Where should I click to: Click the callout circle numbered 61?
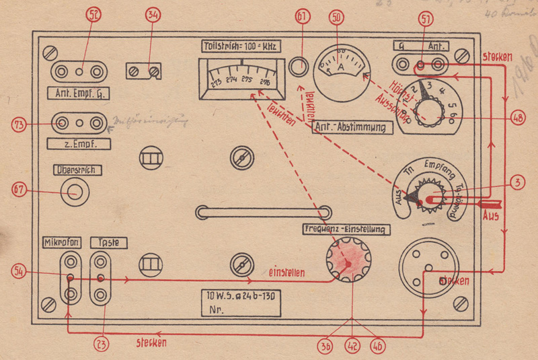pos(301,15)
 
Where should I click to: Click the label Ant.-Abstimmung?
pos(353,126)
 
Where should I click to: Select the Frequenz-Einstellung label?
pos(346,229)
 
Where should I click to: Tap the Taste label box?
pos(108,242)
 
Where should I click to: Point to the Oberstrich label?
pos(75,170)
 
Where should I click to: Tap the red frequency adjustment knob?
pos(348,261)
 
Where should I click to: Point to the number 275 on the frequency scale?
pos(246,79)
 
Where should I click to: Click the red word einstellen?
pos(287,274)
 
